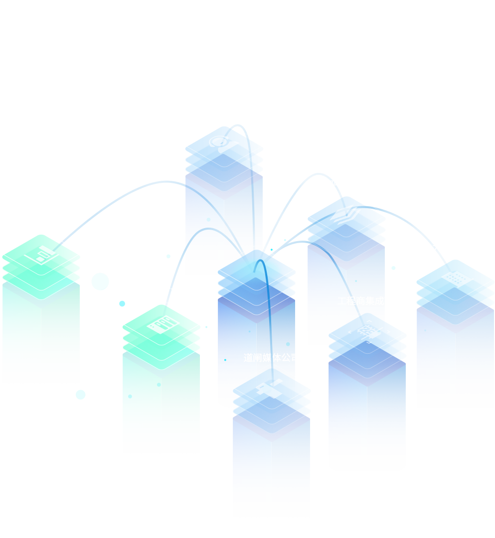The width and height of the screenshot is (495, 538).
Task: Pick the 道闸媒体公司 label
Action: [271, 358]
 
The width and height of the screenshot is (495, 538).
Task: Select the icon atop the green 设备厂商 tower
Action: [162, 325]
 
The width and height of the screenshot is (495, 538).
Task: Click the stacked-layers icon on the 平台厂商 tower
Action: [346, 217]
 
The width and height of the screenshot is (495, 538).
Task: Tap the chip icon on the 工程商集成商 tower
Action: [367, 331]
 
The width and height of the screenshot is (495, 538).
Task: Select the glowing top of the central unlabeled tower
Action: [256, 269]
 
